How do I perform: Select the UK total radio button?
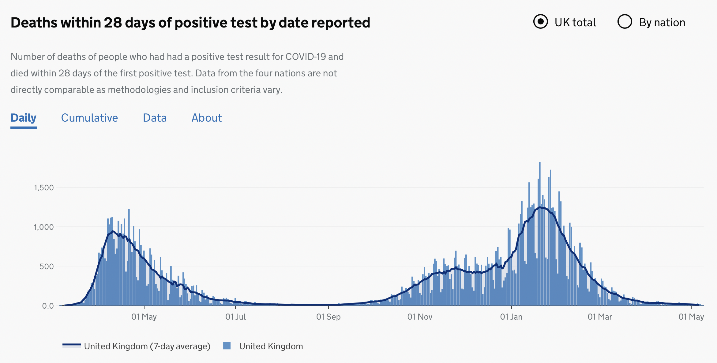(540, 22)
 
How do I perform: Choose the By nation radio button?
(625, 22)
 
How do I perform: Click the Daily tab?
(24, 118)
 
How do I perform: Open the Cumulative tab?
(89, 118)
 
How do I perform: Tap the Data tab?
(155, 118)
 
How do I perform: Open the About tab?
(207, 118)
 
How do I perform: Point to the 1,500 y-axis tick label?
(44, 188)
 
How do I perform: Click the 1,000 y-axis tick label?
(44, 227)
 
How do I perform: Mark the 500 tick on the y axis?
(47, 266)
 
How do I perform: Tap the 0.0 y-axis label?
(48, 306)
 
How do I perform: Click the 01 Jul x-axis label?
(235, 317)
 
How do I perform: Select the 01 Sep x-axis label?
(328, 317)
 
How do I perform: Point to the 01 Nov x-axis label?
(420, 317)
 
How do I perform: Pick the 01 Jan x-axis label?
(511, 317)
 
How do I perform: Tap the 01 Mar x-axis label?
(600, 317)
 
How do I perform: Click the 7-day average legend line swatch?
(72, 346)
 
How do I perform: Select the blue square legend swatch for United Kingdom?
(227, 346)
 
